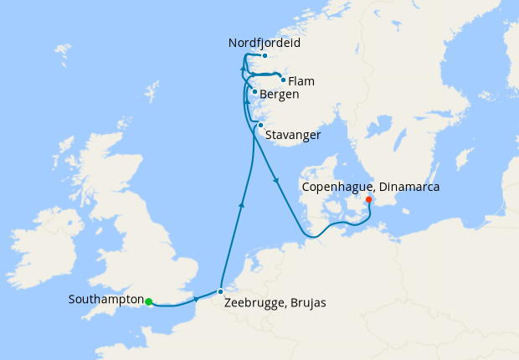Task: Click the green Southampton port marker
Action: (148, 302)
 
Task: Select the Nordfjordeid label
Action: (264, 42)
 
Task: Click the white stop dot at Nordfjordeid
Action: (264, 56)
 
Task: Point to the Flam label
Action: (301, 81)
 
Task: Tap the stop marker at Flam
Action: (283, 80)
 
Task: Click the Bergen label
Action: (280, 95)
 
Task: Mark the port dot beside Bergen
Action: (254, 92)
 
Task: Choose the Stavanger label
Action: (293, 134)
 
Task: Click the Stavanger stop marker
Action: (260, 126)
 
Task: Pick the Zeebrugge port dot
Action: (220, 291)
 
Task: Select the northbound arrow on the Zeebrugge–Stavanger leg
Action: (241, 203)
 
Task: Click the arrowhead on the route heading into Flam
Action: (275, 77)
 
